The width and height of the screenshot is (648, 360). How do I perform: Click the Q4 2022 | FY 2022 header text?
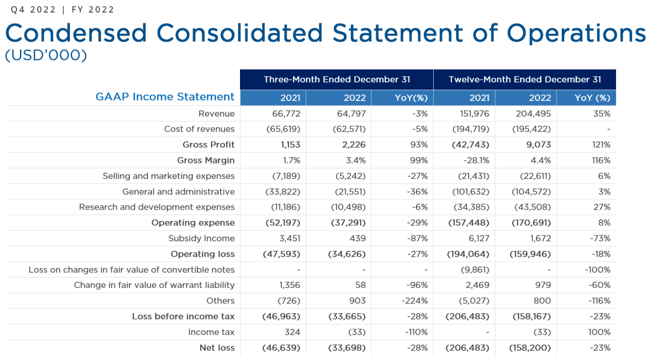[62, 10]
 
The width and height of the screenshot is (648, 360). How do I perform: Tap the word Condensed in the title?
[76, 33]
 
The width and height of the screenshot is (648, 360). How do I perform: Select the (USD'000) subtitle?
[46, 56]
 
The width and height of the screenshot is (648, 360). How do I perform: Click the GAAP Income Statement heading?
[165, 97]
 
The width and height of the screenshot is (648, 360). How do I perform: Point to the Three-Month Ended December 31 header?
[337, 79]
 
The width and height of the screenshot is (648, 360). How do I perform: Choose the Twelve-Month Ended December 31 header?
[525, 79]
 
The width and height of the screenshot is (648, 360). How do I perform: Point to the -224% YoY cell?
[415, 301]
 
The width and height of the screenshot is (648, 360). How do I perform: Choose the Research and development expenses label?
[157, 207]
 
